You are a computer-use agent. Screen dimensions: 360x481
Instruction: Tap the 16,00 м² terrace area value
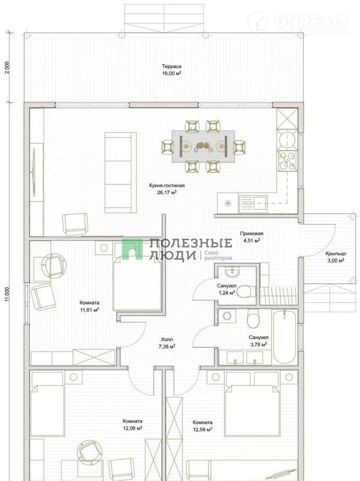pos(172,73)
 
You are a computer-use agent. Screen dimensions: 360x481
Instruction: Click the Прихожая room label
pos(252,234)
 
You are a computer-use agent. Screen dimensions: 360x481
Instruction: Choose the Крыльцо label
pos(336,254)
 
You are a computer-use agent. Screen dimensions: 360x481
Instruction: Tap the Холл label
pos(167,339)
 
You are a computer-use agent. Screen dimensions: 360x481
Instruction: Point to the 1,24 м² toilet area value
pos(227,293)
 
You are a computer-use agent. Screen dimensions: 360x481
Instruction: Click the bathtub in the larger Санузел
pos(285,337)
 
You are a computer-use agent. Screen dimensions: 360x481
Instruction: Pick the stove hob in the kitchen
pos(287,161)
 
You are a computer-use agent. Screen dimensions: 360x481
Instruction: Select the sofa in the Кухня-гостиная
pos(121,172)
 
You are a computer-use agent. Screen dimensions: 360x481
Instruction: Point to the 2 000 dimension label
pos(8,67)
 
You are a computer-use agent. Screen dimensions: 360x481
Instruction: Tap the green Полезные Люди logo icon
pos(132,249)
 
